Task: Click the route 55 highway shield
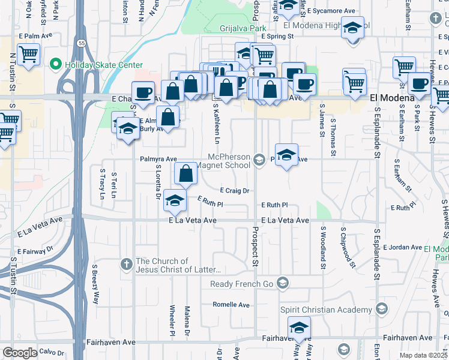coord(80,43)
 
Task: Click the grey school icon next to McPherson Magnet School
coord(259,159)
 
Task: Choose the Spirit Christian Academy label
coord(326,310)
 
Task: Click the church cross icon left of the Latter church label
coord(125,264)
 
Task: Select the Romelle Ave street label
coord(231,305)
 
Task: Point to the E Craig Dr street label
coord(234,191)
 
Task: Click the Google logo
coord(20,353)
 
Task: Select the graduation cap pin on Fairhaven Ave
coord(298,328)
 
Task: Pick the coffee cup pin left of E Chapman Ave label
coord(143,92)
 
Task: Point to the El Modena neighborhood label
coord(392,97)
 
